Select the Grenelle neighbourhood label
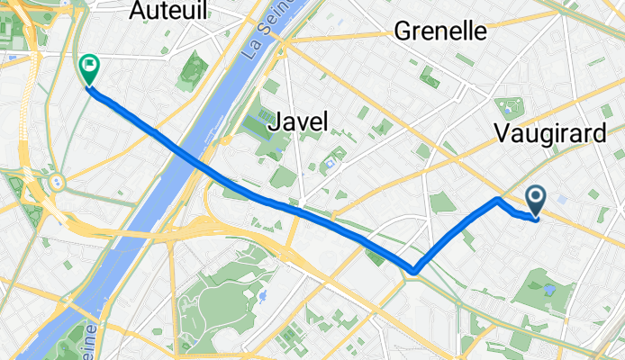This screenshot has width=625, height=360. coord(440,31)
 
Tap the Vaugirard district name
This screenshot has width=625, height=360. coord(549,134)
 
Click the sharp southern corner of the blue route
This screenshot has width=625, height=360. coord(414,270)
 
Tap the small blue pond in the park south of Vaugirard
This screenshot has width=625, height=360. coord(549,289)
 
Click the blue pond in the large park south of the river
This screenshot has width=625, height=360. coord(262,294)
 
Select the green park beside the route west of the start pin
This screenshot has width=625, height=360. coord(442,203)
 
